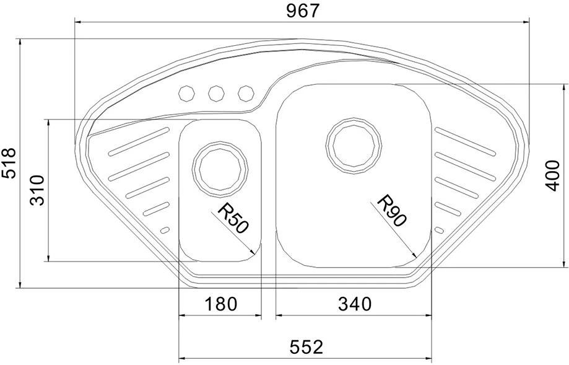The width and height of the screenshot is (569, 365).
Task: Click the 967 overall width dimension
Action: (302, 11)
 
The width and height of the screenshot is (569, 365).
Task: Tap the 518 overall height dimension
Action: (9, 162)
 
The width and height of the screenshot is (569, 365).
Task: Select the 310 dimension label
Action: (37, 190)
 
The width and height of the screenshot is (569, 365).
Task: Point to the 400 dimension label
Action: (553, 175)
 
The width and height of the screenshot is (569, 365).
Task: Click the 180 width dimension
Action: (221, 304)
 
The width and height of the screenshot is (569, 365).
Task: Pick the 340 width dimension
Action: (355, 304)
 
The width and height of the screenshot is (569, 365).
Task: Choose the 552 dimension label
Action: (306, 347)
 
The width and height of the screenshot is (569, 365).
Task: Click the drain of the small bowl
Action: (220, 169)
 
